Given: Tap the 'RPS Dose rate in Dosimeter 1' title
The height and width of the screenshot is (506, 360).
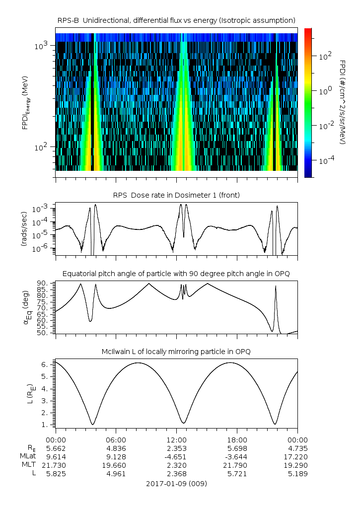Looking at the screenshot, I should [176, 195].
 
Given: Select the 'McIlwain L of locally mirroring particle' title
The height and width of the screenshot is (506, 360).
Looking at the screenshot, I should [176, 352].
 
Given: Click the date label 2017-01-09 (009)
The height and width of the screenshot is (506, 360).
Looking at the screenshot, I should [176, 483].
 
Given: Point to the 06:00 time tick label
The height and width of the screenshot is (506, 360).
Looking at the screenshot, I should [116, 439].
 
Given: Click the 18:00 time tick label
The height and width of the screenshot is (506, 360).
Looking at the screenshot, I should [237, 439].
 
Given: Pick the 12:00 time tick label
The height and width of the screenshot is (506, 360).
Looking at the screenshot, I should [176, 439].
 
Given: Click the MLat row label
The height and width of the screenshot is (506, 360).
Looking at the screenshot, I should [26, 456].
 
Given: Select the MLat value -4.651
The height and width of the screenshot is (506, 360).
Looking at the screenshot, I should [176, 456].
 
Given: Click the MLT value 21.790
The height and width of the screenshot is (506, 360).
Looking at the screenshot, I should [237, 465].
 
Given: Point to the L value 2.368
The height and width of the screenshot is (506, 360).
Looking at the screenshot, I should [176, 474].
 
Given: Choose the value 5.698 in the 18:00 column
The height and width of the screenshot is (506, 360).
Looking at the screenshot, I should [237, 448].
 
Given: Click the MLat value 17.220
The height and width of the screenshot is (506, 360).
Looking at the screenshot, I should [297, 456].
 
